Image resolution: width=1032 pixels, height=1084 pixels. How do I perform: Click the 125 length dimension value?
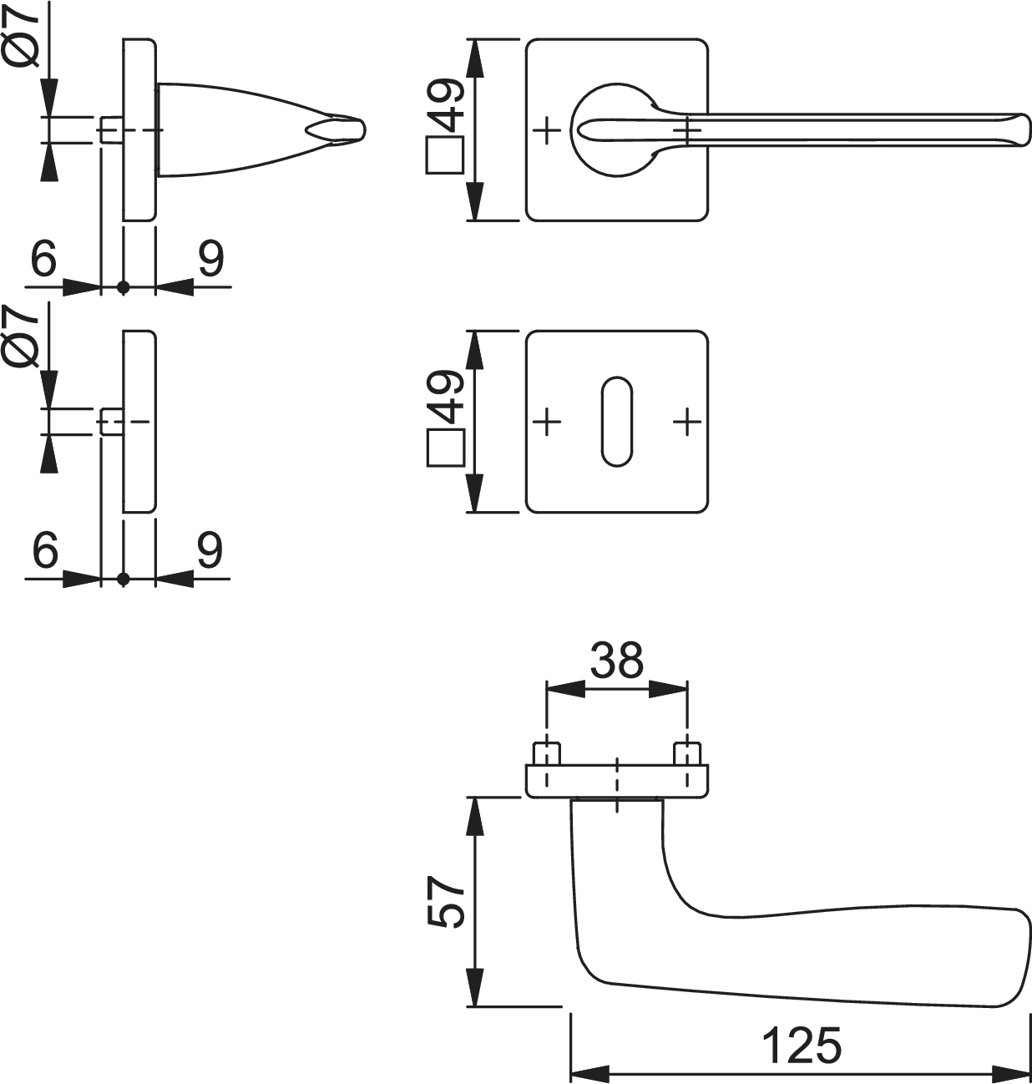click(x=802, y=1046)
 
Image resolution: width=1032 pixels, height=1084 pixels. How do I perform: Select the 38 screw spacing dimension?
click(x=616, y=660)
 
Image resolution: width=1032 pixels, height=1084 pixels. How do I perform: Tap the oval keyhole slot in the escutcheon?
click(x=616, y=422)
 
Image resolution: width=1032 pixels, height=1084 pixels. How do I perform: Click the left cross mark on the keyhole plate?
click(x=547, y=422)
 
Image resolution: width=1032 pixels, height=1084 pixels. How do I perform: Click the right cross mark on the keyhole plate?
click(x=687, y=422)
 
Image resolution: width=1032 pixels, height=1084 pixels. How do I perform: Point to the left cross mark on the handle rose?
click(x=547, y=130)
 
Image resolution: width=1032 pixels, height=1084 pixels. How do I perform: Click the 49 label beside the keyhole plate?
click(x=445, y=397)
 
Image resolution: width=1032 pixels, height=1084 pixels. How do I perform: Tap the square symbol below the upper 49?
click(x=445, y=155)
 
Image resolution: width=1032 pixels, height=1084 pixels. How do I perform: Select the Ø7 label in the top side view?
click(x=22, y=35)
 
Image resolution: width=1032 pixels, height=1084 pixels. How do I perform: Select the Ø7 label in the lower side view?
click(x=22, y=336)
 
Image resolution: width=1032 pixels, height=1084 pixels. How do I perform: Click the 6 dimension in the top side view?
click(x=43, y=258)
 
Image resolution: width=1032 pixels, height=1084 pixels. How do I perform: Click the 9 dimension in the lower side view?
click(x=210, y=550)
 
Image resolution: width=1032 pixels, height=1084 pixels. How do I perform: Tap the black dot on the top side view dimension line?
click(x=124, y=286)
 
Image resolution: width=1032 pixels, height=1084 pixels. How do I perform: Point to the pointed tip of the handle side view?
click(x=364, y=130)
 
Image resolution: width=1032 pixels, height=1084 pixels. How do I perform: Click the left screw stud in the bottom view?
click(x=546, y=753)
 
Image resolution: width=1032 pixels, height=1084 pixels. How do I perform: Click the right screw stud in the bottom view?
click(x=687, y=753)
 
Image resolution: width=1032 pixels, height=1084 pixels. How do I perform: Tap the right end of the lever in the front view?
click(x=1028, y=130)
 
